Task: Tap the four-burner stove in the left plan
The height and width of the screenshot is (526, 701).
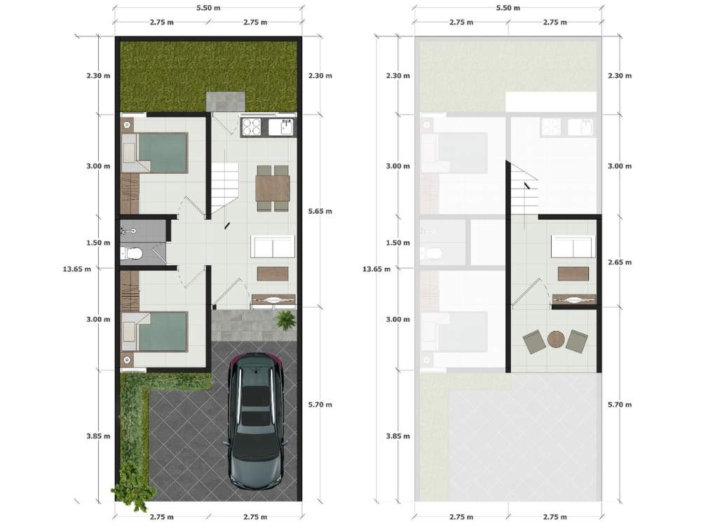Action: click(251, 126)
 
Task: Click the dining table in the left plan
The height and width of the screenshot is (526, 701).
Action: click(273, 188)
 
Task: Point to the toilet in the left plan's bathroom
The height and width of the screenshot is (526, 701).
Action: click(132, 254)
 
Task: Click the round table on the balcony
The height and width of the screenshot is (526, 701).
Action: click(556, 339)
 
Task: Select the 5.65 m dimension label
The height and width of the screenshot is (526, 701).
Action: click(320, 211)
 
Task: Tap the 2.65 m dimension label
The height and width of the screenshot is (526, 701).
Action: click(620, 262)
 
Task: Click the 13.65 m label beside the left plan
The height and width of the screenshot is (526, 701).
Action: click(76, 269)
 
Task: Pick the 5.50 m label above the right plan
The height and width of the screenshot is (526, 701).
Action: click(508, 8)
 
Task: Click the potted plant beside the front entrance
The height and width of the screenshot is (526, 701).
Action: click(285, 321)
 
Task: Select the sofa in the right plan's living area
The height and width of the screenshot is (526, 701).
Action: click(573, 246)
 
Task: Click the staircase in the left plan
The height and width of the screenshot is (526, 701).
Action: click(225, 187)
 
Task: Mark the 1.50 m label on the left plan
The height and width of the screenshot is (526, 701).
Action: click(98, 243)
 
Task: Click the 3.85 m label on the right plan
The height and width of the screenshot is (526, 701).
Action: click(398, 436)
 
